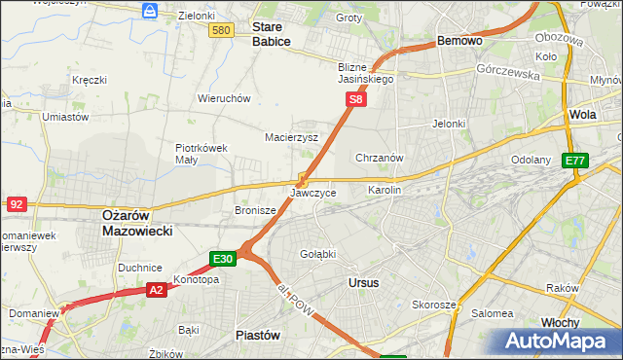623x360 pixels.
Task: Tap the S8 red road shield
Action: click(357, 99)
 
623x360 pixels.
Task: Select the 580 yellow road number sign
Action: click(221, 31)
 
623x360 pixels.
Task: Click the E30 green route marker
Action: click(223, 258)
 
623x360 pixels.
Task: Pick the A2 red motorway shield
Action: click(157, 289)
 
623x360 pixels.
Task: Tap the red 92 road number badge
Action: click(16, 204)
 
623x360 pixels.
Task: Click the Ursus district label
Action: click(363, 282)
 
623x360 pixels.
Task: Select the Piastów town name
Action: click(258, 334)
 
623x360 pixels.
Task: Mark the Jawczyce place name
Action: click(313, 193)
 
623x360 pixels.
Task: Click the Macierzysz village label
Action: click(292, 137)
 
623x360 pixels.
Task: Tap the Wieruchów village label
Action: click(225, 98)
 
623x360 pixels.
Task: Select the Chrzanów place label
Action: click(380, 157)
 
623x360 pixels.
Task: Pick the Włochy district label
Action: click(560, 321)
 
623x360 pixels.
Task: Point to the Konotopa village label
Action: click(196, 279)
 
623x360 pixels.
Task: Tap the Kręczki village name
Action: click(90, 80)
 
